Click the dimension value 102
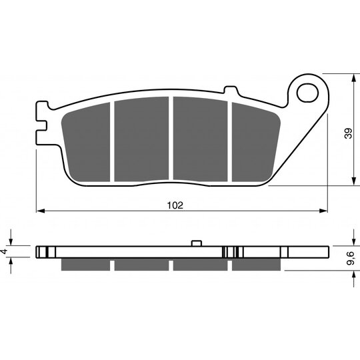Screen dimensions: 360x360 pos(175,205)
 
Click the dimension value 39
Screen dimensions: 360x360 pos(348,133)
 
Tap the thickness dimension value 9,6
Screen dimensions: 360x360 pos(351,258)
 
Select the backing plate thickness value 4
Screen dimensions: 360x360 pos(5,251)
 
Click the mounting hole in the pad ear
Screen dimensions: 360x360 pos(307,93)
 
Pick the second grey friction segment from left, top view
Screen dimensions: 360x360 pos(141,139)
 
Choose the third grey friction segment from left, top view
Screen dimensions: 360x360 pos(200,139)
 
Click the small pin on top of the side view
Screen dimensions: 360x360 pos(197,243)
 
